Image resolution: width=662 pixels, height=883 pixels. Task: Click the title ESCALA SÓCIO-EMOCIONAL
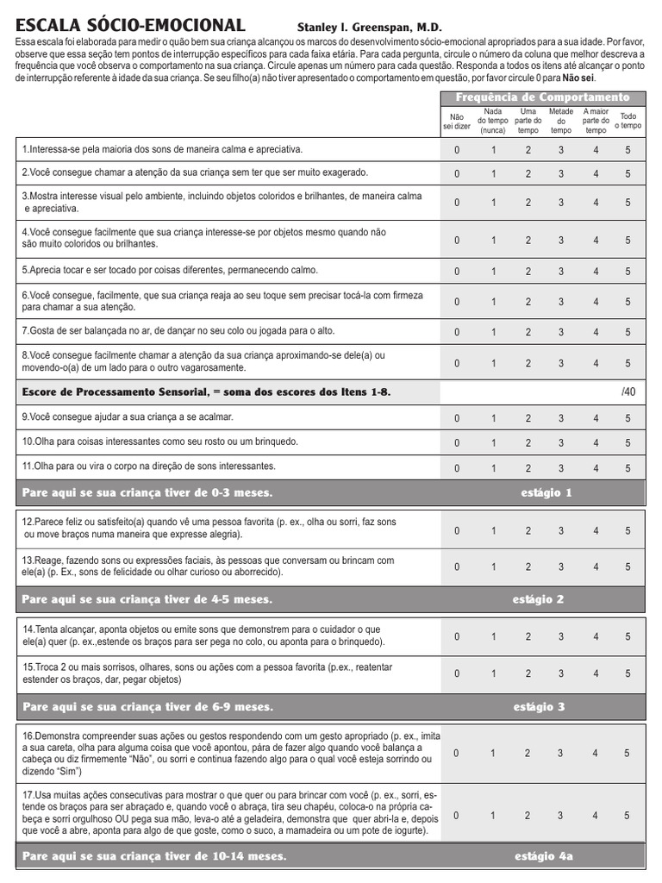[x=130, y=25]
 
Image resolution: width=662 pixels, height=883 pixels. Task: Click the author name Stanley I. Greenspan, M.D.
[x=369, y=28]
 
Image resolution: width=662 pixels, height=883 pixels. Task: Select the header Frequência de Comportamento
[x=542, y=97]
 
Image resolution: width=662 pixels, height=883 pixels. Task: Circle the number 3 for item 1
[x=561, y=149]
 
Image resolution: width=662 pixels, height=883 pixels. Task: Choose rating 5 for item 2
[x=628, y=173]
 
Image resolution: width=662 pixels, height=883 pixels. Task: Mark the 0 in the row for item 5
[x=457, y=272]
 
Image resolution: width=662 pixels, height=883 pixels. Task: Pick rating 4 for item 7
[x=596, y=332]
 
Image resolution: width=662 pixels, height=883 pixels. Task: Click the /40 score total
[x=628, y=392]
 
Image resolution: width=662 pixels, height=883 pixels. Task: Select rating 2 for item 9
[x=528, y=419]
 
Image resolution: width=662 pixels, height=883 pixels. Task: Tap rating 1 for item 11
[x=494, y=468]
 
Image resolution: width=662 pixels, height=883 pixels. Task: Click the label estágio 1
[x=546, y=493]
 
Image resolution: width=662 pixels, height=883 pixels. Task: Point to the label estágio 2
[x=539, y=599]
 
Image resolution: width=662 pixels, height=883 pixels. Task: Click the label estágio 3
[x=539, y=707]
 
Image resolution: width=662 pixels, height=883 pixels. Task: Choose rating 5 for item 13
[x=628, y=567]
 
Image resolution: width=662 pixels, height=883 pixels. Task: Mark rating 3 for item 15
[x=561, y=673]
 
